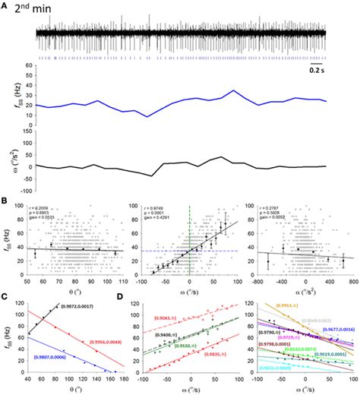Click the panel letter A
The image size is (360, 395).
click(5, 6)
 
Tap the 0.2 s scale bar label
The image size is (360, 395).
click(317, 71)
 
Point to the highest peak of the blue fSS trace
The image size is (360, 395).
click(235, 91)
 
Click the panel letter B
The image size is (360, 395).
click(5, 202)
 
